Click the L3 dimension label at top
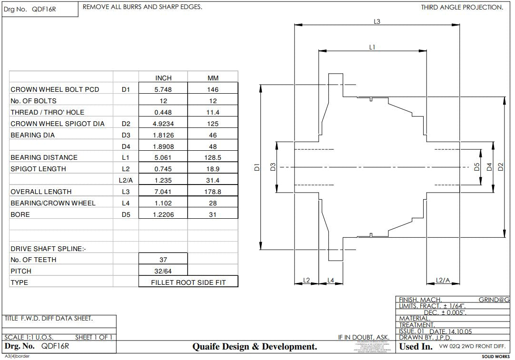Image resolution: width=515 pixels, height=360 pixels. (376, 21)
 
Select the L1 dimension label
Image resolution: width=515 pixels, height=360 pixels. (372, 47)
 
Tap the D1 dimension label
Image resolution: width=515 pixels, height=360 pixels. (257, 167)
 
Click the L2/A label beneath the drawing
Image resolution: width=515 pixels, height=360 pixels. (443, 280)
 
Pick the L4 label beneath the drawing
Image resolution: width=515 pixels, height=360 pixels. (331, 280)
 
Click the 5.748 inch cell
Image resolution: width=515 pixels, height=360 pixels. (163, 89)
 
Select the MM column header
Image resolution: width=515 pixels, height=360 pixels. (213, 78)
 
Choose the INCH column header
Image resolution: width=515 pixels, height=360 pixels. (163, 78)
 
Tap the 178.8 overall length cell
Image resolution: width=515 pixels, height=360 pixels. (213, 192)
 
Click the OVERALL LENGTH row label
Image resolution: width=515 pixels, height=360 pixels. (41, 192)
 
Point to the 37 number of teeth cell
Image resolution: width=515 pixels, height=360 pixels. (163, 260)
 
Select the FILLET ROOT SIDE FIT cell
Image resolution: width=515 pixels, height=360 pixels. (188, 282)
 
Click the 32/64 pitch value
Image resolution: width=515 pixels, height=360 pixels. (163, 271)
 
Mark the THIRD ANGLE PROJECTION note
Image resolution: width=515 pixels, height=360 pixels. (462, 7)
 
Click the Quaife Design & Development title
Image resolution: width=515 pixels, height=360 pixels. (255, 347)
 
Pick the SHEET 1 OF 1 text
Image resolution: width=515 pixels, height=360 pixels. (94, 338)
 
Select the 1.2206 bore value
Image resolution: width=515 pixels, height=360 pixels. (163, 214)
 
